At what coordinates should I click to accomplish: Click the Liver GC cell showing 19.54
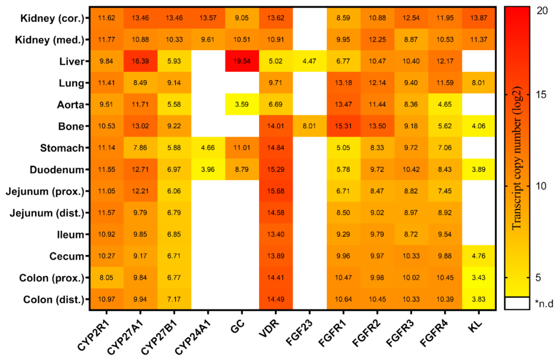242,61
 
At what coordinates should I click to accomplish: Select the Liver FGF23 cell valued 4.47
310,61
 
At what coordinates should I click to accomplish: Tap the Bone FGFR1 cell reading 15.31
343,126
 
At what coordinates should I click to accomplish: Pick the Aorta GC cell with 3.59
242,105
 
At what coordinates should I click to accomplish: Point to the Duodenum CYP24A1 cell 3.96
208,170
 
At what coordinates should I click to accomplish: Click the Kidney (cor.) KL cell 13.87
479,18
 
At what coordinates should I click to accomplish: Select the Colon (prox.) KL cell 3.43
479,278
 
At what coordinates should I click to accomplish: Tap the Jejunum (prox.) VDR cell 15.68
276,191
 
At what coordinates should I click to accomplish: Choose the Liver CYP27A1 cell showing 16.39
140,61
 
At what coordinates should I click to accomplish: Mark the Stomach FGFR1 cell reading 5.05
343,148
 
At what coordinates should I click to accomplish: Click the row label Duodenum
57,170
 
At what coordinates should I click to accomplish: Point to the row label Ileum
70,234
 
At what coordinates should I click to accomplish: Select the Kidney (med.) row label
49,40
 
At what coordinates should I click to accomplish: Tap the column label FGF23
299,333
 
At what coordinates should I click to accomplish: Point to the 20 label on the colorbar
542,11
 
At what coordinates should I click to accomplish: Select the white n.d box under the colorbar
517,303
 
